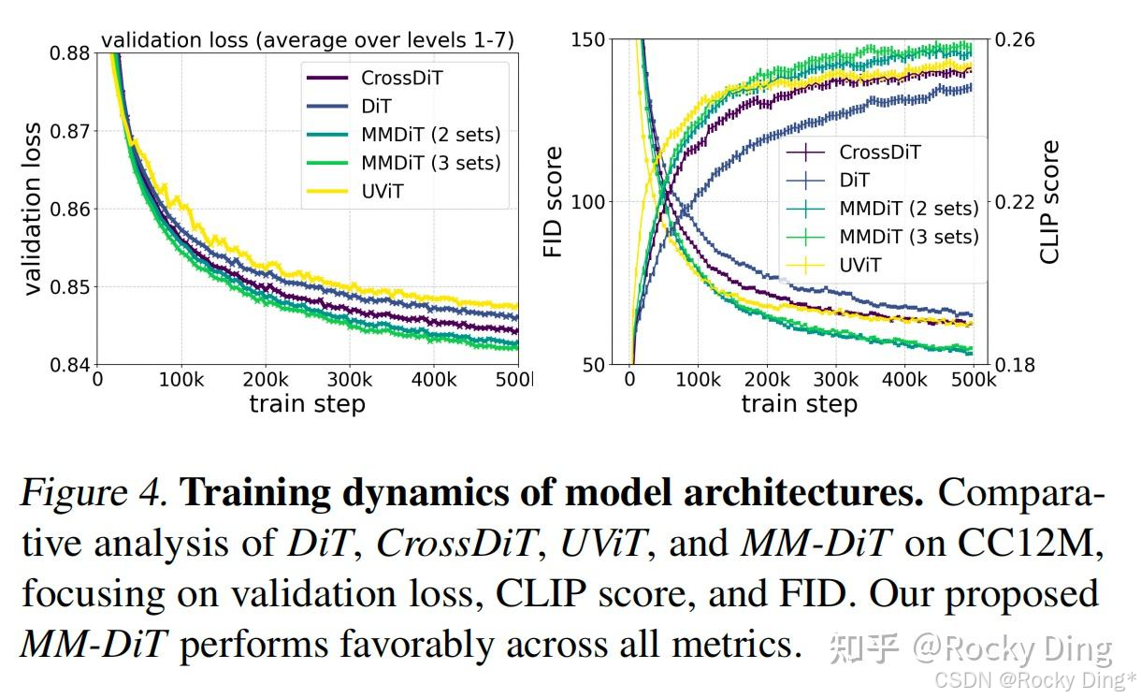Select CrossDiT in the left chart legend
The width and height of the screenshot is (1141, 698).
click(x=401, y=78)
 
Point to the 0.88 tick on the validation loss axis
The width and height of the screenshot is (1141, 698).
click(x=68, y=53)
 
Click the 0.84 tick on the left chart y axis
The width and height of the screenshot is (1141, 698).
click(x=68, y=364)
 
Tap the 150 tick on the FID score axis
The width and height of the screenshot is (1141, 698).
click(x=587, y=40)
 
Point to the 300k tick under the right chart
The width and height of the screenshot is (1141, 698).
click(x=836, y=382)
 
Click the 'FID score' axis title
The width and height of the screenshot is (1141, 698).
click(x=554, y=202)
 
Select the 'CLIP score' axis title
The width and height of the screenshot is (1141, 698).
click(x=1050, y=202)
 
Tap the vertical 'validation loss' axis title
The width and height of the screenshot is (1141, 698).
click(x=33, y=208)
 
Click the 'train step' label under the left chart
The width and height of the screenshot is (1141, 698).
click(x=307, y=404)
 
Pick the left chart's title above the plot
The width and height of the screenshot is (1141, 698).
click(x=308, y=40)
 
